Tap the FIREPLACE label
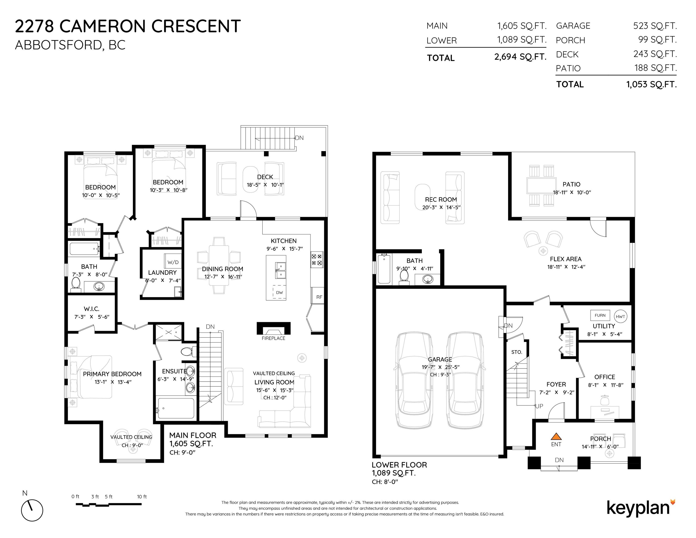273,338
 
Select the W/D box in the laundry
173,262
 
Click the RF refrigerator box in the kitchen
319,297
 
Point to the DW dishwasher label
279,293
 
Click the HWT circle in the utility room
620,316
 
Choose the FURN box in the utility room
600,315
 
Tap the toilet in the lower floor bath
405,276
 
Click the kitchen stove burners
317,259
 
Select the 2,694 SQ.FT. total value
520,57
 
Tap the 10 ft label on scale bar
142,497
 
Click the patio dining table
541,185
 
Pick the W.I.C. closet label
92,309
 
